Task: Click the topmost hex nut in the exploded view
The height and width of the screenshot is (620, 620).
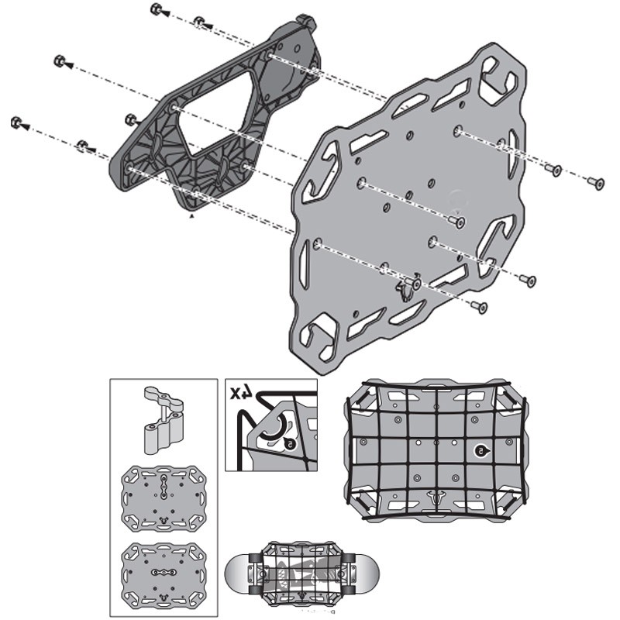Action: (x=156, y=10)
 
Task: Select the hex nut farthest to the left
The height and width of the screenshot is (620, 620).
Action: (x=16, y=122)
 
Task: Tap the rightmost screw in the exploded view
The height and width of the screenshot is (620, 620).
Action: (x=595, y=182)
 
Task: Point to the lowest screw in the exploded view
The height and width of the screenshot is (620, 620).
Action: (x=482, y=308)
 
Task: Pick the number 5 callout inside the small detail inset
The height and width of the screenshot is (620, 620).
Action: (x=289, y=444)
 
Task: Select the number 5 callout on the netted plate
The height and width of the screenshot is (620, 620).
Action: (x=480, y=450)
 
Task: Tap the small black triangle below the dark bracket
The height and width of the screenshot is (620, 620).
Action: (x=191, y=219)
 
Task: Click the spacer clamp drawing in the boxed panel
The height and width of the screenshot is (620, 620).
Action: (x=164, y=422)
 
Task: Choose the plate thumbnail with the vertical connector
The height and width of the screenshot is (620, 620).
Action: (x=164, y=496)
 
